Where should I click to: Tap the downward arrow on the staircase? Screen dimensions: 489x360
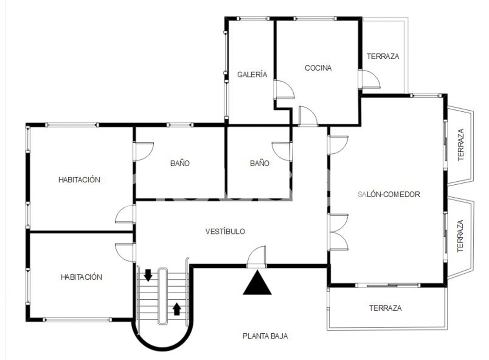[x=148, y=275]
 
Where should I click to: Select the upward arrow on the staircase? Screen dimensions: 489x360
[x=177, y=309]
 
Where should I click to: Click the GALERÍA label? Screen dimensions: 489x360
[x=252, y=74]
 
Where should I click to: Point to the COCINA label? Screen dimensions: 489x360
[x=318, y=68]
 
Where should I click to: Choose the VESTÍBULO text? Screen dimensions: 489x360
[x=225, y=231]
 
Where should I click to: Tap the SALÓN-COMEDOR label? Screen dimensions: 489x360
[x=389, y=194]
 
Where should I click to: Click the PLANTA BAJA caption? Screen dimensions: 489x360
[x=265, y=336]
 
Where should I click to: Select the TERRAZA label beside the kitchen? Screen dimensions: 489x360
[x=383, y=56]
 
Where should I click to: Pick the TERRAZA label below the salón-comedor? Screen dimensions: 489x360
[x=385, y=308]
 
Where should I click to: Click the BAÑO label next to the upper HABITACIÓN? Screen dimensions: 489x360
[x=180, y=163]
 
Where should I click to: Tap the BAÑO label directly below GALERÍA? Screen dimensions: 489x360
[x=259, y=163]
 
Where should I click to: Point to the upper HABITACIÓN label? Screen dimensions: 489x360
[x=79, y=180]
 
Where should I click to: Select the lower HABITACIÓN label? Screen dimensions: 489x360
[x=81, y=277]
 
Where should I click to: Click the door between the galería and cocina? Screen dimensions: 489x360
[x=284, y=90]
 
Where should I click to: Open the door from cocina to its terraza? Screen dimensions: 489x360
[x=369, y=79]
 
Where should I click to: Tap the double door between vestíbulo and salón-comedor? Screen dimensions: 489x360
[x=339, y=232]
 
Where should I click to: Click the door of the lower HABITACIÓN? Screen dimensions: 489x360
[x=126, y=252]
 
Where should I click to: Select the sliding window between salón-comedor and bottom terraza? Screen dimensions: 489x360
[x=388, y=285]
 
